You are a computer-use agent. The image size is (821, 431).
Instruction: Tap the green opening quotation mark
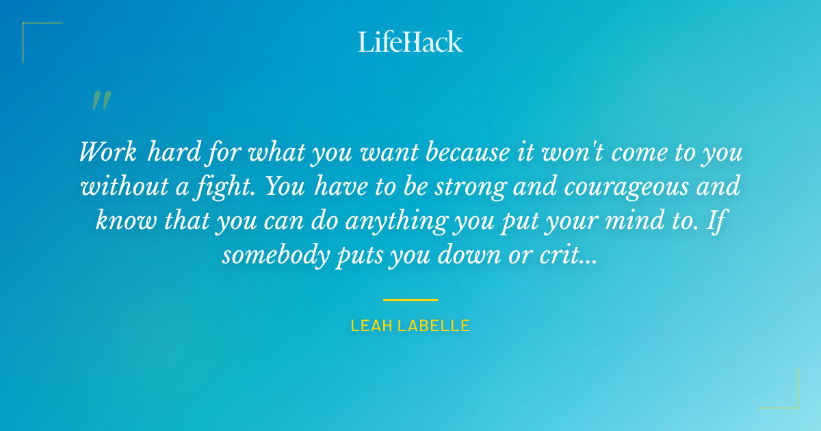point(101,101)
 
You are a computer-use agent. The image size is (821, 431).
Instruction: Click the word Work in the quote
point(107,152)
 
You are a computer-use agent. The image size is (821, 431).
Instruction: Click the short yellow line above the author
point(410,300)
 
